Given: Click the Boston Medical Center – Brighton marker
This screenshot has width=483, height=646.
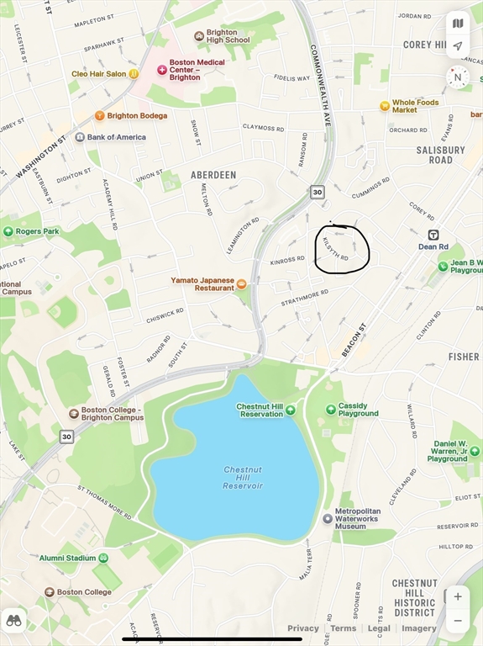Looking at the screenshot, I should point(162,69).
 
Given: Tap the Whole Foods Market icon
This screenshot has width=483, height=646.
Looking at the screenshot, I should point(385,106).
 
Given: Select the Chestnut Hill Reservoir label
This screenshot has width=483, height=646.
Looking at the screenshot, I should point(243,477).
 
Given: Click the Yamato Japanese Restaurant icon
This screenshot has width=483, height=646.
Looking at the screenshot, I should point(242,283).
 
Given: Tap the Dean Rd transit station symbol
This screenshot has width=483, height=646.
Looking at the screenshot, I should point(433,235).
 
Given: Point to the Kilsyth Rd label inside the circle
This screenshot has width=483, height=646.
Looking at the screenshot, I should point(336,248).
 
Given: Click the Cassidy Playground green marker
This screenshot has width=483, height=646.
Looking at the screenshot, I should point(332,410).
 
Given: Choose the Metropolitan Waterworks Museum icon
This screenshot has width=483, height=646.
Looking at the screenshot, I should point(328,518).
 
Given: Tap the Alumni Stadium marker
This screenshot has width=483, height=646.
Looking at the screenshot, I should point(103,558).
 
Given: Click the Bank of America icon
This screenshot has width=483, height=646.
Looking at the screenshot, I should point(80,137).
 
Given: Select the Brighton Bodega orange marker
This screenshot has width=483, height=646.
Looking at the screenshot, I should point(100,115).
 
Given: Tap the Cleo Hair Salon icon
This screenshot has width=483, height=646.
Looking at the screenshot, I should point(133,73).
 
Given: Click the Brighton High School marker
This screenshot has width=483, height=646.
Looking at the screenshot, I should point(199,36).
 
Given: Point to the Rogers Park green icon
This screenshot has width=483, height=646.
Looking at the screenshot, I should point(8,231).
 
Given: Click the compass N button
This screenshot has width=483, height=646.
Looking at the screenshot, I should point(457,77).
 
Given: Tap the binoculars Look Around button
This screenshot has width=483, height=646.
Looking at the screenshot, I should point(13,621).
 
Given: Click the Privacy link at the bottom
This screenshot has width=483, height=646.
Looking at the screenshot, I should point(303,628).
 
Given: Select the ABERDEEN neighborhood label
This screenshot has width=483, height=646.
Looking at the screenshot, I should point(213,175).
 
